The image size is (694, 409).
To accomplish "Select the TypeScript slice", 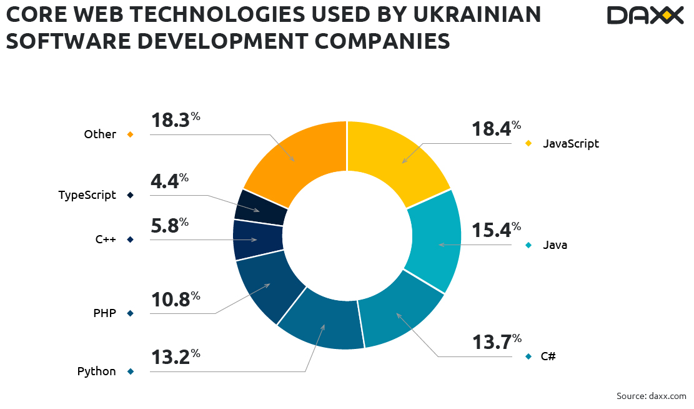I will click(x=261, y=206).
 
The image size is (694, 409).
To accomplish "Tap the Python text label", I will click(x=97, y=371).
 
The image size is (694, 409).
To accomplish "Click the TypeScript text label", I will click(x=87, y=195).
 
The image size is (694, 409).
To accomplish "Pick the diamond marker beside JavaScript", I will click(x=528, y=144).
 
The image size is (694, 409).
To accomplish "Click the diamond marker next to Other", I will click(x=131, y=134).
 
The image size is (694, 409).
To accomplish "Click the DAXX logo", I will click(x=645, y=16).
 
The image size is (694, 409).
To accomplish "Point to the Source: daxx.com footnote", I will click(x=651, y=396).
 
